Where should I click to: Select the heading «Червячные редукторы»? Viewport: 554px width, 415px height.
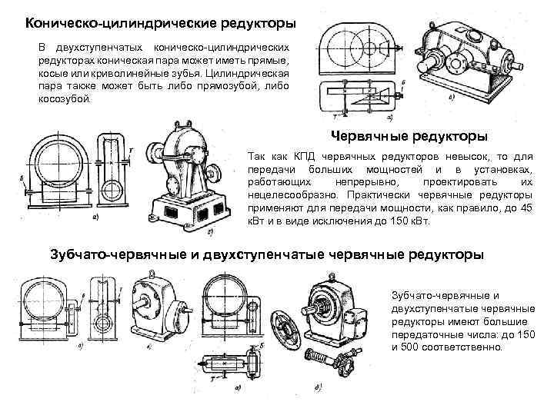click(409, 136)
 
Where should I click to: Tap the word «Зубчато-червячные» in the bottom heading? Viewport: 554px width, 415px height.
click(117, 254)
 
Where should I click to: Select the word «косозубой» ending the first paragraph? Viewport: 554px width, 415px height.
click(64, 100)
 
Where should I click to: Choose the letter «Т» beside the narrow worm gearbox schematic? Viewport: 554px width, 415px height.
click(132, 151)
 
